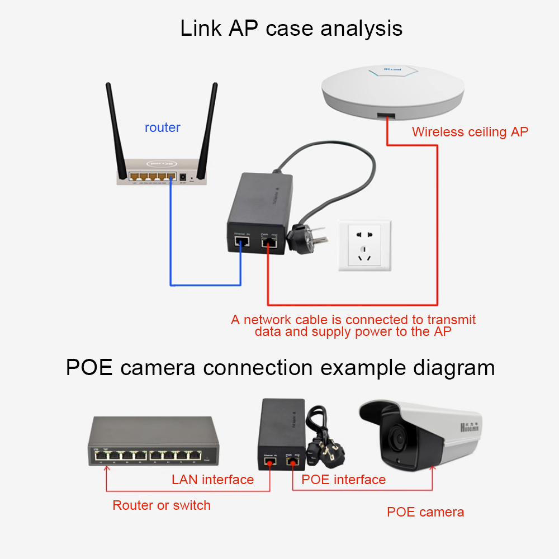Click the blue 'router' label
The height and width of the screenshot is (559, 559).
point(162,127)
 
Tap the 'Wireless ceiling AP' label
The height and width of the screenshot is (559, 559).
point(470,132)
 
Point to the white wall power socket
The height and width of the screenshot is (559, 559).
point(364,246)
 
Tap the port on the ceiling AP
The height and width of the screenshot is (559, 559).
point(386,115)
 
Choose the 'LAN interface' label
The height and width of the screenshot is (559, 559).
point(212,480)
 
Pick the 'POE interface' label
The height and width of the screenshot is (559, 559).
point(343,480)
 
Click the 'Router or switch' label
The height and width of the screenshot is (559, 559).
point(162,505)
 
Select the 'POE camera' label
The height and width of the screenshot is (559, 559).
point(425,512)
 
